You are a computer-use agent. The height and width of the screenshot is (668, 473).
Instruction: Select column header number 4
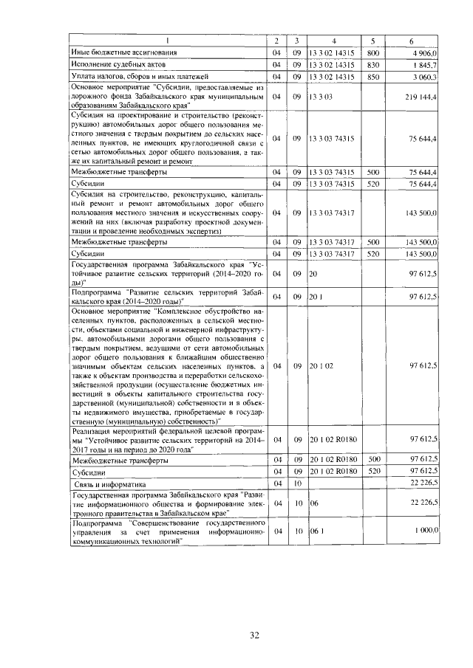pyautogui.click(x=334, y=40)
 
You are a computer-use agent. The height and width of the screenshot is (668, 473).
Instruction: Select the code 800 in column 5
pyautogui.click(x=372, y=52)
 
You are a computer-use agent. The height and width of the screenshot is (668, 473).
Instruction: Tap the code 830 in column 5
pyautogui.click(x=372, y=64)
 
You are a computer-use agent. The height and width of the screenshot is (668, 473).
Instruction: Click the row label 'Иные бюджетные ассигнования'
pyautogui.click(x=123, y=52)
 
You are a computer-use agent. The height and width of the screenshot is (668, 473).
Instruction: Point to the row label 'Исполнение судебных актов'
pyautogui.click(x=119, y=64)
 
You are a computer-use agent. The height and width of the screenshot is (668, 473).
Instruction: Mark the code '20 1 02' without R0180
pyautogui.click(x=323, y=365)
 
